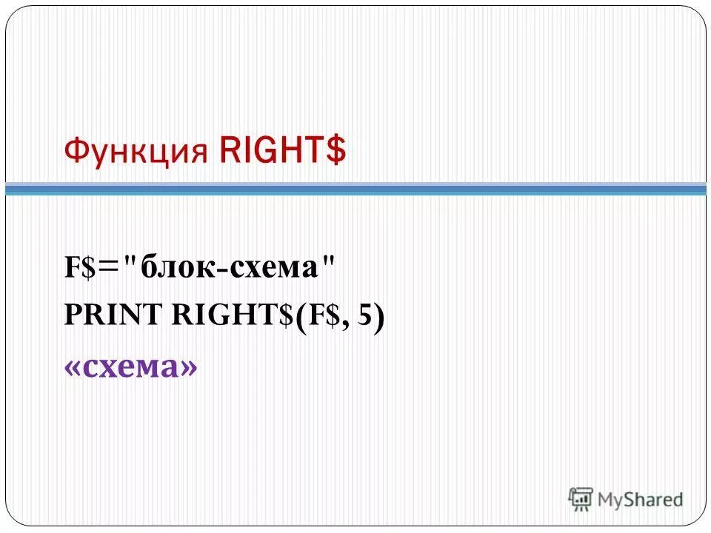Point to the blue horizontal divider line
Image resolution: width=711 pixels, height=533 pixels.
(x=355, y=190)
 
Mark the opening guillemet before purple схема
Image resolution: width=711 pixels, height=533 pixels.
(x=73, y=367)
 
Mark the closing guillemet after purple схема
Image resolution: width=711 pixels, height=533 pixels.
(x=190, y=367)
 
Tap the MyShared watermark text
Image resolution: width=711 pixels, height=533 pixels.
(x=640, y=500)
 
